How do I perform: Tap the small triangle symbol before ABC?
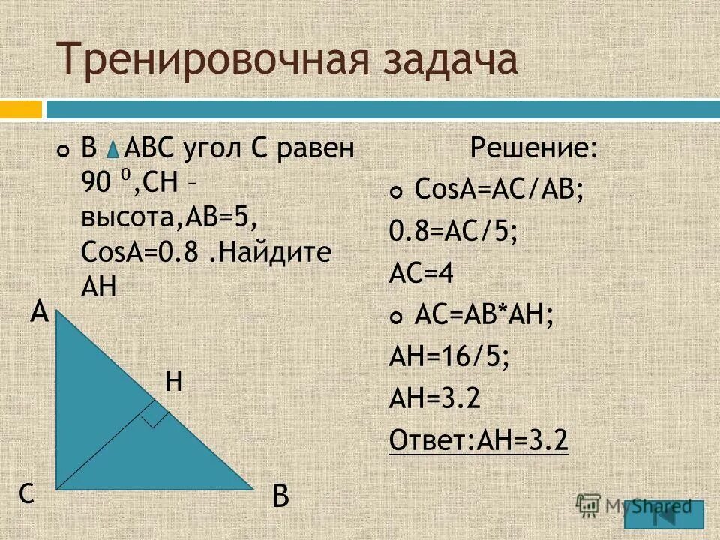pyautogui.click(x=111, y=151)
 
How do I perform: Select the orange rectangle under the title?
pyautogui.click(x=20, y=110)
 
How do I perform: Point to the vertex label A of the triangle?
pyautogui.click(x=40, y=311)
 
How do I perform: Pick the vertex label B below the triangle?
pyautogui.click(x=280, y=496)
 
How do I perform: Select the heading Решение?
pyautogui.click(x=534, y=148)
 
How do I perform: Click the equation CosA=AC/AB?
pyautogui.click(x=499, y=191)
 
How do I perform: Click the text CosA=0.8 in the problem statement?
pyautogui.click(x=141, y=252)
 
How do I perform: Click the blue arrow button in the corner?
pyautogui.click(x=665, y=514)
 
